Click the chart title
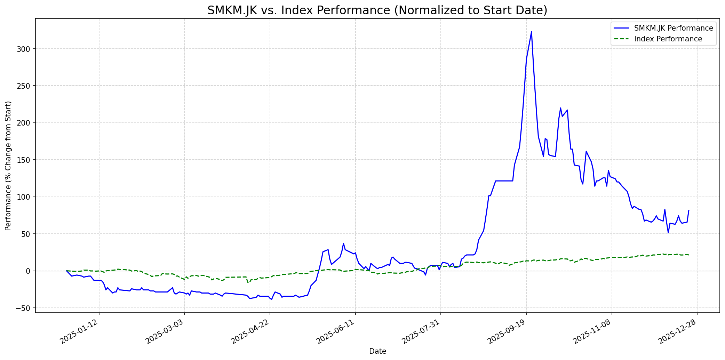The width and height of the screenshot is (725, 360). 377,10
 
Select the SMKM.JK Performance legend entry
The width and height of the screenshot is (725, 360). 674,28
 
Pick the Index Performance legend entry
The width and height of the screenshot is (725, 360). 668,39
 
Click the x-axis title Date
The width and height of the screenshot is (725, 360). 377,351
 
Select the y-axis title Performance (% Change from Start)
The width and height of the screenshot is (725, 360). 8,166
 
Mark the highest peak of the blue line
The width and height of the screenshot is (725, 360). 531,32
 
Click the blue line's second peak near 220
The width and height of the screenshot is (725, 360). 560,108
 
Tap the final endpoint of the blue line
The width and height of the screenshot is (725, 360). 688,210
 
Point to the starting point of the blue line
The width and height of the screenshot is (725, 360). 66,271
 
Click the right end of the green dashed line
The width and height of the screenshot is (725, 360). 688,255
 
